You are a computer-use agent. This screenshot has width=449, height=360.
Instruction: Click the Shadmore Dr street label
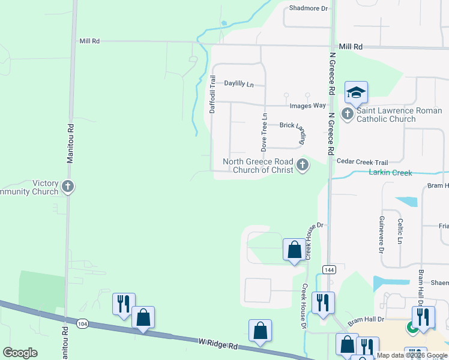pyautogui.click(x=309, y=8)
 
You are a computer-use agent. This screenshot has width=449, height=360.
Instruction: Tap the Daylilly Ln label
pyautogui.click(x=240, y=84)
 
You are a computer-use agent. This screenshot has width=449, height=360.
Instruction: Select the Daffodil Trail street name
pyautogui.click(x=212, y=95)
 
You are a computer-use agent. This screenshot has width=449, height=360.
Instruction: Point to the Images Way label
pyautogui.click(x=308, y=106)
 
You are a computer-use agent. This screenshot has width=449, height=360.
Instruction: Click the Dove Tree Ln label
pyautogui.click(x=263, y=131)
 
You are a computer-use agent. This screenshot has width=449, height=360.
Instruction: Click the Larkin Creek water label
pyautogui.click(x=390, y=173)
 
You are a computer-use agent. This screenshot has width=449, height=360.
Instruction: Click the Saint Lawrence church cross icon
pyautogui.click(x=348, y=113)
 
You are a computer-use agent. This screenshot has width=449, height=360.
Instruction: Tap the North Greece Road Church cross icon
pyautogui.click(x=303, y=165)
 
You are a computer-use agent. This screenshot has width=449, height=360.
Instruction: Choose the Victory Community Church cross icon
pyautogui.click(x=68, y=187)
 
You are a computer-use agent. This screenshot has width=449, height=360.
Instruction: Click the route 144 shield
pyautogui.click(x=328, y=270)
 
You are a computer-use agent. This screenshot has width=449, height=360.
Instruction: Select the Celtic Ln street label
pyautogui.click(x=400, y=231)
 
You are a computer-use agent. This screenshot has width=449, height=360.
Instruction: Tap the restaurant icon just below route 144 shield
pyautogui.click(x=324, y=303)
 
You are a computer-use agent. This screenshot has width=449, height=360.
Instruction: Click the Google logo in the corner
pyautogui.click(x=20, y=353)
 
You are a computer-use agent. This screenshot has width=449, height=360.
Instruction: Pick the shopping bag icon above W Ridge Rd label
pyautogui.click(x=260, y=330)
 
